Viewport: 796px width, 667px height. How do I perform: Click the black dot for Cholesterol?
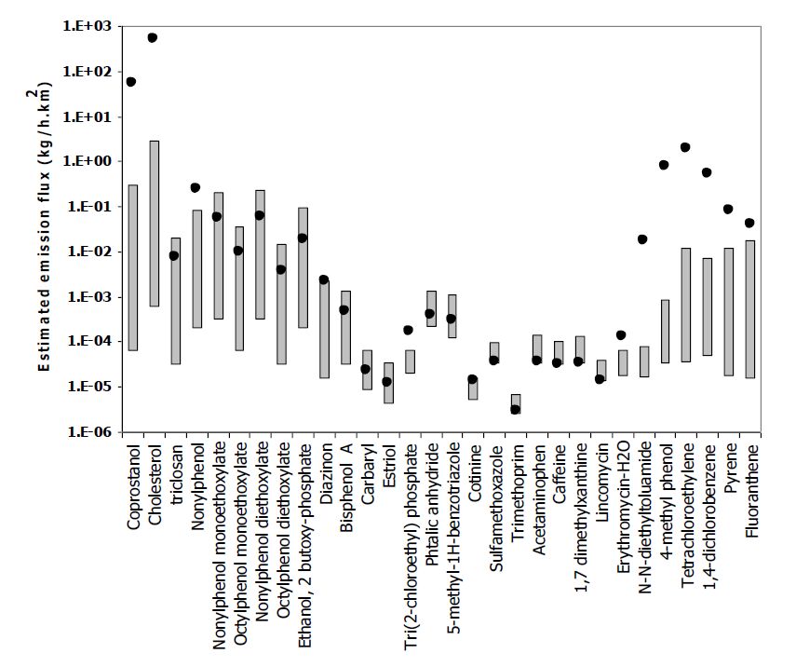[x=153, y=37]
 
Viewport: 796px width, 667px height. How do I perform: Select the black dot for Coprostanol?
[x=131, y=82]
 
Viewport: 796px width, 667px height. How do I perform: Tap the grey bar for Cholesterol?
[x=153, y=224]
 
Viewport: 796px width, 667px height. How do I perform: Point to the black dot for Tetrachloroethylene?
[x=685, y=147]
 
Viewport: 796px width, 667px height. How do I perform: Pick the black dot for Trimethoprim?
[x=515, y=409]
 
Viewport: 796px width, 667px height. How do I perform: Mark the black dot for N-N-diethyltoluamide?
[x=642, y=239]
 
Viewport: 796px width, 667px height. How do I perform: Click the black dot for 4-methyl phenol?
[x=664, y=165]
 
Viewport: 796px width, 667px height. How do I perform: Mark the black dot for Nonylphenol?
[x=196, y=188]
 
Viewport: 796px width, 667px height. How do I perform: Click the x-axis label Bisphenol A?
[x=345, y=485]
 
